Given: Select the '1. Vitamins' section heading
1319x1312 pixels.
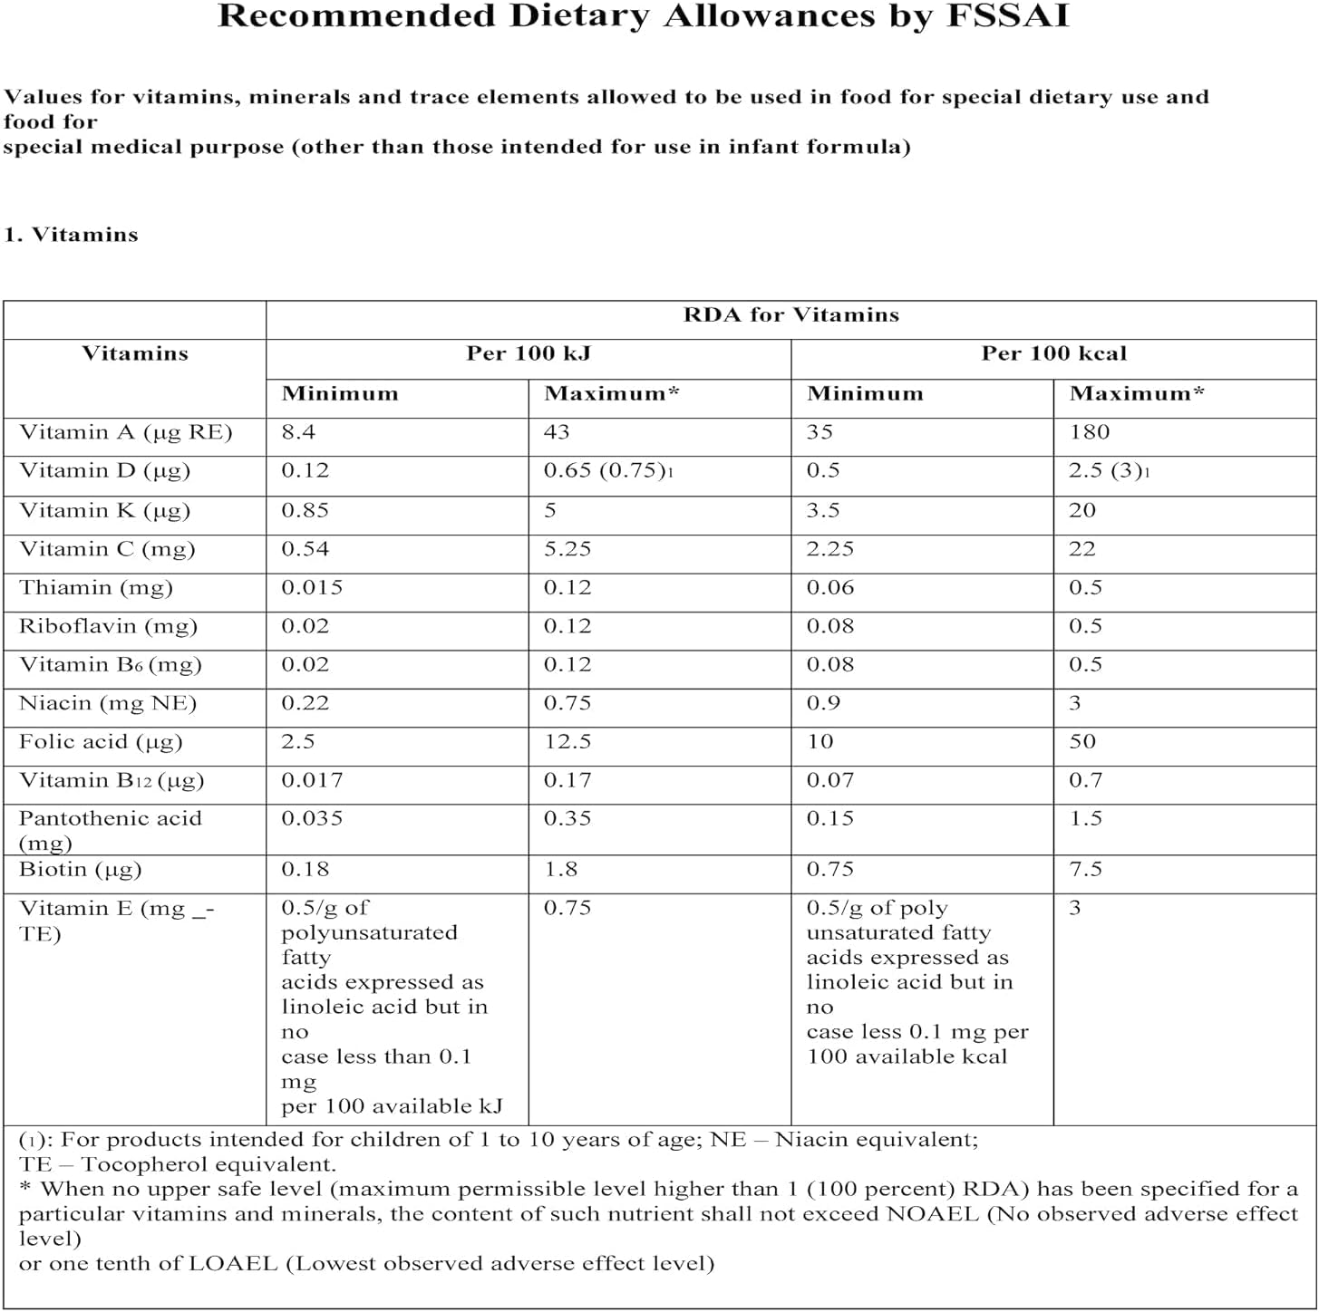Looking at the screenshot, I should [71, 235].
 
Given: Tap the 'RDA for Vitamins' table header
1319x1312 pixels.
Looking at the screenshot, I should [790, 315].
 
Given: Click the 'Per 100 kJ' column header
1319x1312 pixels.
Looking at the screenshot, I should [528, 354].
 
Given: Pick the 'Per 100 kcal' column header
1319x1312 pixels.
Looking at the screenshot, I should [1053, 354].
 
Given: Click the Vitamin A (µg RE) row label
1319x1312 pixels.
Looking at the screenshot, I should [126, 433].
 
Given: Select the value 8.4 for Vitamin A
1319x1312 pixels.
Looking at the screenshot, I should [298, 432].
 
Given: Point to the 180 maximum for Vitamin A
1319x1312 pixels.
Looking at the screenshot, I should [1089, 432].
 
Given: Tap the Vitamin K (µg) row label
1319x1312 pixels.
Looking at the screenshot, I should [104, 511].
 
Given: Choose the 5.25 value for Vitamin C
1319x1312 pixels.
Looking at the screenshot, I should [567, 549].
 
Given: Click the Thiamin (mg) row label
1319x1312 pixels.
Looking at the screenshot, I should [95, 588].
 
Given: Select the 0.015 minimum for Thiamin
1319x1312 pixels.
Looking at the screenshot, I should [312, 588].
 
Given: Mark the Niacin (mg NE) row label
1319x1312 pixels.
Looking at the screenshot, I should [108, 704].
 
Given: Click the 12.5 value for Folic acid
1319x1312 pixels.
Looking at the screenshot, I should [567, 742].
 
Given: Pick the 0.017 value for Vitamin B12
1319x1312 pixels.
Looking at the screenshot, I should [312, 780].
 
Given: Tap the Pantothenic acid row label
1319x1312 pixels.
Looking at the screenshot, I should [110, 819].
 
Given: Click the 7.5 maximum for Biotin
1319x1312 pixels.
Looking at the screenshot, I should [1085, 870].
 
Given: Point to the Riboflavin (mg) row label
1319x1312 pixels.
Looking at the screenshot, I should [108, 627].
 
